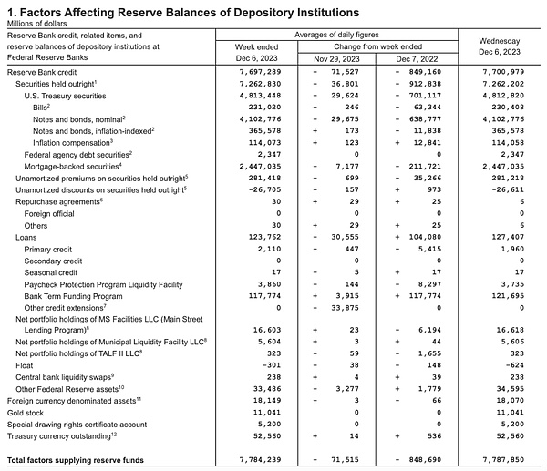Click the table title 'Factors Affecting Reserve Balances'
(x=182, y=11)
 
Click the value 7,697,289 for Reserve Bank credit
(x=254, y=71)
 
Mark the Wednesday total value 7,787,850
(x=502, y=461)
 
